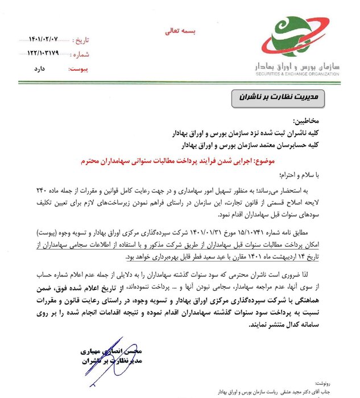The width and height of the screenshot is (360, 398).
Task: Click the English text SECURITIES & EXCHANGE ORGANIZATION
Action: coord(296,74)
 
